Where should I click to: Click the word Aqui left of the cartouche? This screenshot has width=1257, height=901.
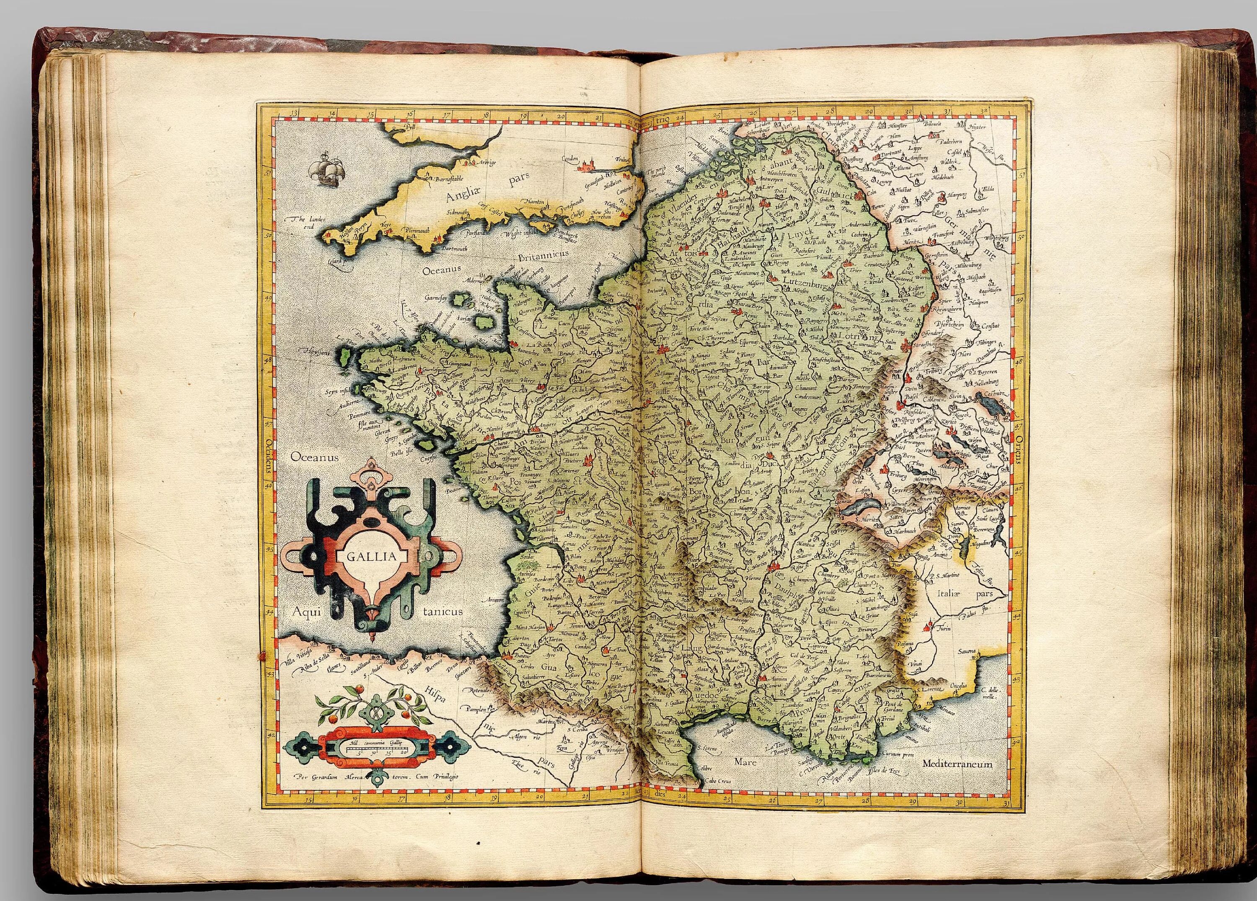308,612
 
